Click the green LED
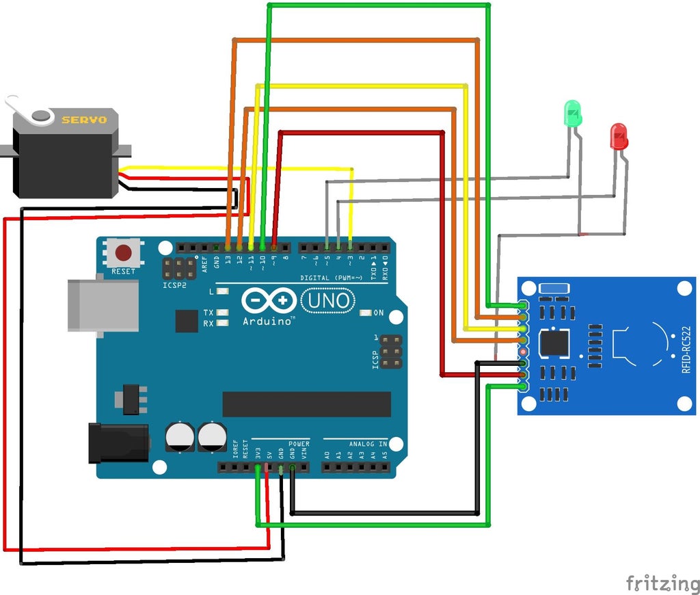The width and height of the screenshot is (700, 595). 572,113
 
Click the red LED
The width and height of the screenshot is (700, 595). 618,136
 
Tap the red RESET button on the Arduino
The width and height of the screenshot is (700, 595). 123,254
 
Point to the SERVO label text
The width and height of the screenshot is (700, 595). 84,120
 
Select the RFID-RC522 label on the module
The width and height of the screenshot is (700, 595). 686,349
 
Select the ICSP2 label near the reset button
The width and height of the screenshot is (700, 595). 175,285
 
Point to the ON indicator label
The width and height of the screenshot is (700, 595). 378,313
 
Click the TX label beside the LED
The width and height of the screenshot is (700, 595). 208,313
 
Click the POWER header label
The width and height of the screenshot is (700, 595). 299,444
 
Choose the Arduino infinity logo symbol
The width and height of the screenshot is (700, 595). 269,301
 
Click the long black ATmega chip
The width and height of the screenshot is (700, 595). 306,404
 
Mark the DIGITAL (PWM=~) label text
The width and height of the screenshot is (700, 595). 332,278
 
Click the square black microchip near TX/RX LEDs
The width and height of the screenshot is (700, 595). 187,321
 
